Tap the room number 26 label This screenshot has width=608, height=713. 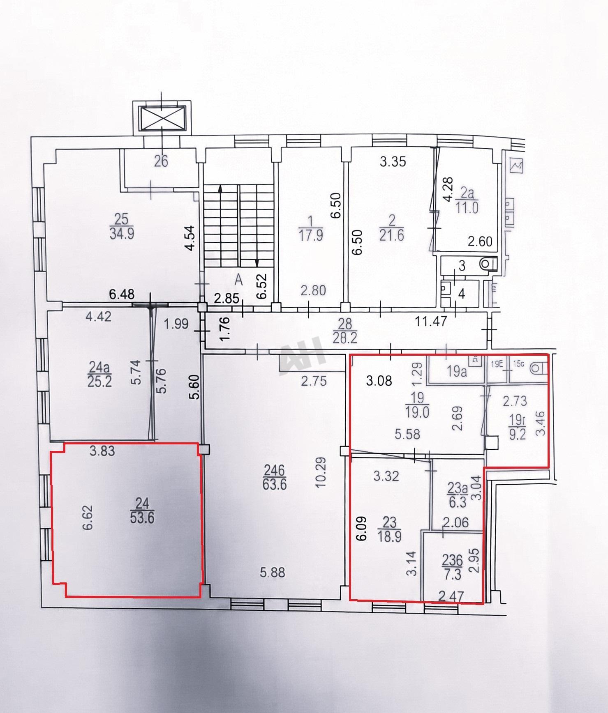click(161, 161)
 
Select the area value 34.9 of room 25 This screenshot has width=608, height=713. click(122, 234)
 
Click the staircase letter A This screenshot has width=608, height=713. click(238, 281)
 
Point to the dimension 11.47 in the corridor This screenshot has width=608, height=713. click(430, 321)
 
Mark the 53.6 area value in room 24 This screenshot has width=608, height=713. click(142, 518)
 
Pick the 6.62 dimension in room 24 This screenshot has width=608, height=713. click(88, 517)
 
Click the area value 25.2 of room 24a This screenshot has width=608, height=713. click(99, 381)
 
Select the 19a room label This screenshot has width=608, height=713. click(457, 372)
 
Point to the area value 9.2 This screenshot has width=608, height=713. click(518, 434)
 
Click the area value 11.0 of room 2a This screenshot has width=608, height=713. click(467, 208)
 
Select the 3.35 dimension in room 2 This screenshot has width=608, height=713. click(393, 161)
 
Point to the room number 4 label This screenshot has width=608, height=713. click(462, 294)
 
